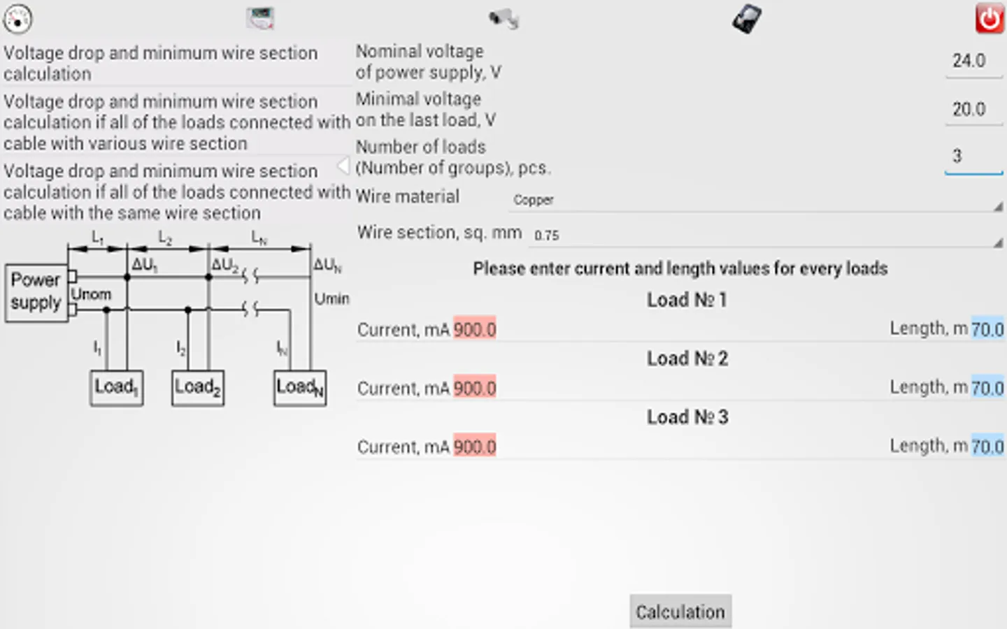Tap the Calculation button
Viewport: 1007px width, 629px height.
point(680,611)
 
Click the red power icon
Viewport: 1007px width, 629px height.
point(990,18)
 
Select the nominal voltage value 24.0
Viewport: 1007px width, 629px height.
point(969,61)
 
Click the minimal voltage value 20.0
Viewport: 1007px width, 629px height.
point(969,109)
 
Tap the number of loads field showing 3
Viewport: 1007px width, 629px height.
point(973,157)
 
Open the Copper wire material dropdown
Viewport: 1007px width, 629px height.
point(756,201)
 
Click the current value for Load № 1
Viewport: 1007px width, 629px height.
point(475,329)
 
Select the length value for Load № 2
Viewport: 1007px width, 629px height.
point(987,388)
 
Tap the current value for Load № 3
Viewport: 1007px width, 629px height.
point(475,447)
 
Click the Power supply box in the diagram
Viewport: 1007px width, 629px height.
point(36,293)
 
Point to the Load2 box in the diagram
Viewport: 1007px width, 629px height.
point(198,388)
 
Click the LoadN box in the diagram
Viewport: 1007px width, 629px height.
point(300,388)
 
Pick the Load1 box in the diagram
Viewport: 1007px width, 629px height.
point(117,388)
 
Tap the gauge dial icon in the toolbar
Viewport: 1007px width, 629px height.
point(17,19)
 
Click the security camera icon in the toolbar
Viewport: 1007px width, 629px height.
point(504,19)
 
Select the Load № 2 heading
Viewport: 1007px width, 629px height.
point(687,359)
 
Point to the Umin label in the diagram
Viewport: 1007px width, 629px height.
point(331,299)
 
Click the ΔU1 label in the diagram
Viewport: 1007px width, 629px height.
point(145,265)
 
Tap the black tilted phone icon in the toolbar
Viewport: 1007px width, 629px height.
point(747,19)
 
